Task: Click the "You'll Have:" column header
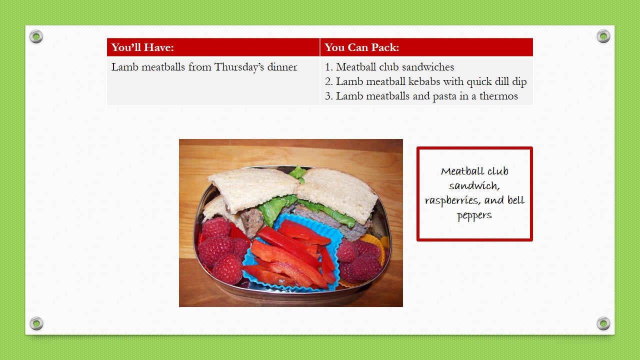(x=142, y=47)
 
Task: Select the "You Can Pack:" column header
(x=361, y=47)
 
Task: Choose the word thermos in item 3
(x=498, y=96)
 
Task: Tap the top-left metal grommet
(x=36, y=36)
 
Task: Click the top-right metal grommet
(x=603, y=36)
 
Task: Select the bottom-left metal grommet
(x=36, y=323)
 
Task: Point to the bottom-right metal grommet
(x=603, y=323)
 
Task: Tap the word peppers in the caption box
(x=474, y=215)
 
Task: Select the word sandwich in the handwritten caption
(x=474, y=186)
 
